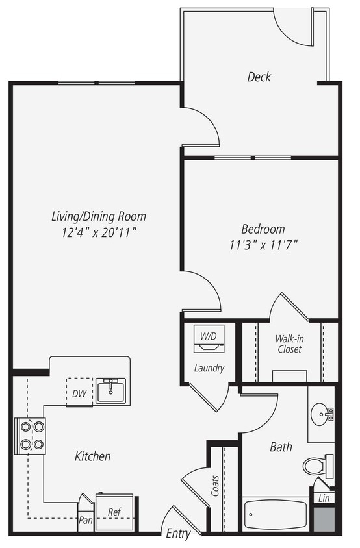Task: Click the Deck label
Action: tap(259, 77)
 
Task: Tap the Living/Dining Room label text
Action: tap(99, 216)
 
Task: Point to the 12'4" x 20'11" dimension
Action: tap(99, 232)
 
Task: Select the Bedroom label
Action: tap(263, 229)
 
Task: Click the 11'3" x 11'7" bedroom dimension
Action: tap(263, 245)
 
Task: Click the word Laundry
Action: tap(209, 368)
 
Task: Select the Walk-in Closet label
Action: tap(288, 343)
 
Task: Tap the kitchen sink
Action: tap(112, 391)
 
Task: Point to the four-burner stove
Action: tap(31, 436)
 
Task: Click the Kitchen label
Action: tap(92, 456)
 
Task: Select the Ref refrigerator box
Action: tap(114, 512)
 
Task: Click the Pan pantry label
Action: tap(85, 520)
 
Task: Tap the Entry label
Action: tap(178, 534)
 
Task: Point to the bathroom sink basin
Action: tap(320, 414)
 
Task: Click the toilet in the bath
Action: tap(316, 466)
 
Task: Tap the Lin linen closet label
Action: tap(322, 498)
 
